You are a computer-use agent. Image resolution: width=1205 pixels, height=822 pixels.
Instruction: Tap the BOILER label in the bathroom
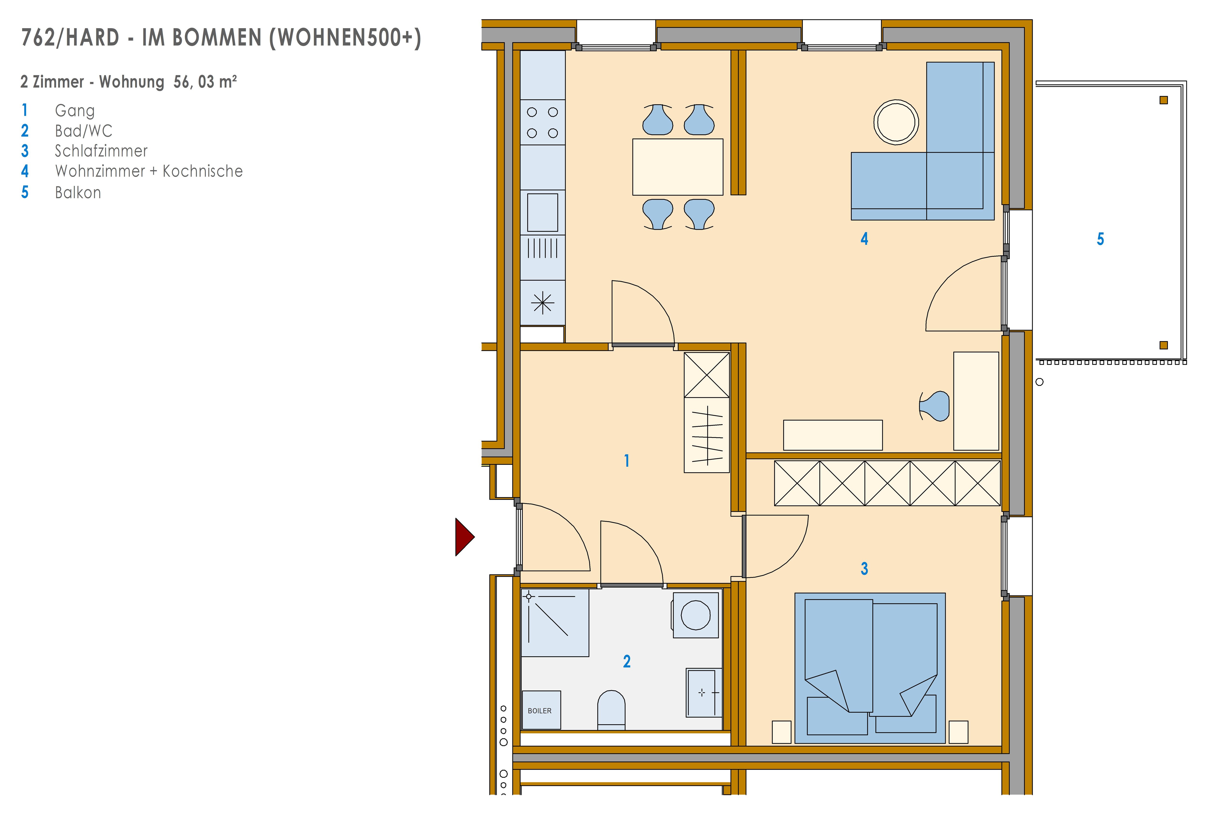(x=540, y=710)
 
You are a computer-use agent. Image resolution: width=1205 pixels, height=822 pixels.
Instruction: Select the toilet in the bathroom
(x=611, y=710)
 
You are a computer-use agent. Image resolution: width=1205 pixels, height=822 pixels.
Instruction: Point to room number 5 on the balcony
(x=1100, y=239)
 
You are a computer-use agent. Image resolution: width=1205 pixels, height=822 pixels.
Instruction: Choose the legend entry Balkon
(x=78, y=192)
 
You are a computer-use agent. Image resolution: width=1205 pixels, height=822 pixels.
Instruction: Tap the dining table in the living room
(x=678, y=167)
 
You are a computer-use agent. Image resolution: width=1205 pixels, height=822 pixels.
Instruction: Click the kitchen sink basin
(x=542, y=212)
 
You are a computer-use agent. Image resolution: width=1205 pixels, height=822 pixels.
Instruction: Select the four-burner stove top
(x=542, y=122)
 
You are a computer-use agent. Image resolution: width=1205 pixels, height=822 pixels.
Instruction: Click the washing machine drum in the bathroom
(x=695, y=615)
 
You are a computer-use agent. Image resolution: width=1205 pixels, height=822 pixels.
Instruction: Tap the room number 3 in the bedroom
(x=864, y=569)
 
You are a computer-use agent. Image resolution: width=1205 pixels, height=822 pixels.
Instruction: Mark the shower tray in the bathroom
(x=555, y=622)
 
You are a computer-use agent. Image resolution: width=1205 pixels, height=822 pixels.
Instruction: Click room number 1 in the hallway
(x=627, y=460)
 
